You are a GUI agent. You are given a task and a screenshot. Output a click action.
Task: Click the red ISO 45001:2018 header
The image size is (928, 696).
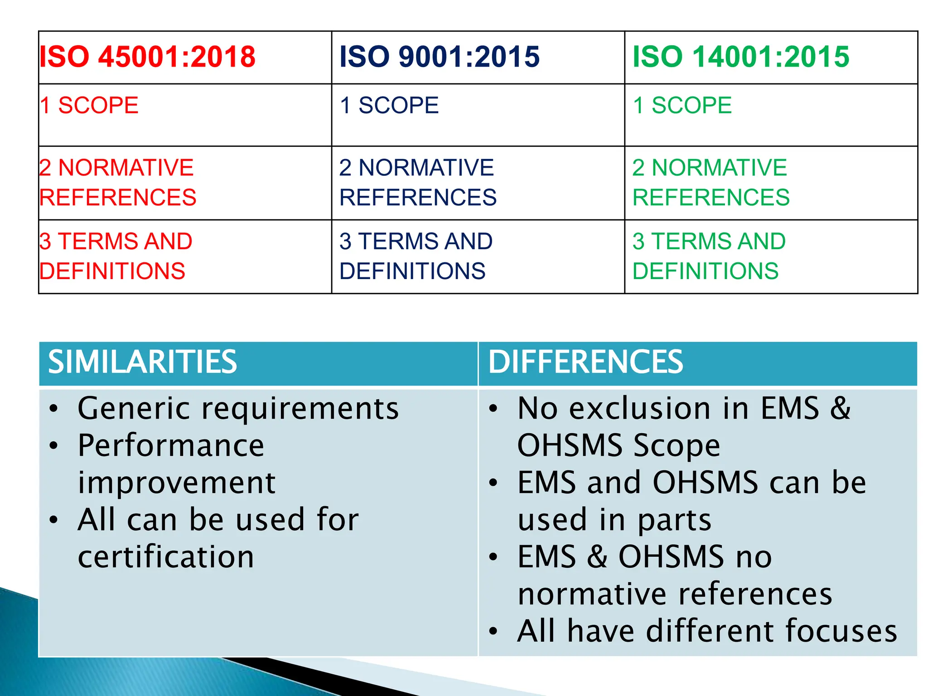(147, 57)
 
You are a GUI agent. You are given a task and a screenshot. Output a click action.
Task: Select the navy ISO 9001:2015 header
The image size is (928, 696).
(439, 57)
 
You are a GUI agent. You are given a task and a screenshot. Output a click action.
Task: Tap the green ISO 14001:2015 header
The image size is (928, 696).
(740, 57)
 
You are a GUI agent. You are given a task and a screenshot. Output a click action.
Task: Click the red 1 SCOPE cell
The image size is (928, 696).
(89, 106)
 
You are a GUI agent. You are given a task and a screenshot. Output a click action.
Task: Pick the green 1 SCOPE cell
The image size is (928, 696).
(682, 106)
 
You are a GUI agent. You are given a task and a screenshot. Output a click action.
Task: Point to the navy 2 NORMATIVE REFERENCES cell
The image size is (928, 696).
(417, 182)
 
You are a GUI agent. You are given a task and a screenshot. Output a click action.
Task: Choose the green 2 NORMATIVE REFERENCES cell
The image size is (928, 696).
(710, 182)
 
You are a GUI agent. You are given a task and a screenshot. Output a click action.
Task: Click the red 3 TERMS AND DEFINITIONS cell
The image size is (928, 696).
(116, 256)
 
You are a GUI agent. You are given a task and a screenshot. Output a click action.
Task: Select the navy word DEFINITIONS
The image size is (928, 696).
(412, 271)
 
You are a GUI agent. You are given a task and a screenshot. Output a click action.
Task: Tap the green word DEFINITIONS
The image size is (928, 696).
(705, 271)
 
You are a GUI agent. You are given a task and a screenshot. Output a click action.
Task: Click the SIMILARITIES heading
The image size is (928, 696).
(142, 362)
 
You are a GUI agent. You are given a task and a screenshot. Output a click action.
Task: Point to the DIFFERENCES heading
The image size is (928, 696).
(585, 362)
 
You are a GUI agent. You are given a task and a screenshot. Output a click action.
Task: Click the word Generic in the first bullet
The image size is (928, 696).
(134, 409)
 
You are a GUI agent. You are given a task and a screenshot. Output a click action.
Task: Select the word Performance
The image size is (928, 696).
(171, 445)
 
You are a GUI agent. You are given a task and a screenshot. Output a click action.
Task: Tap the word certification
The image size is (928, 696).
(166, 557)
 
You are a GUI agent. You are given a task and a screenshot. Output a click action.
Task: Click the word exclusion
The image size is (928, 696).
(640, 409)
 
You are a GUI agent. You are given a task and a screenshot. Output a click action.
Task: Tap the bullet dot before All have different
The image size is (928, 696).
(493, 631)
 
